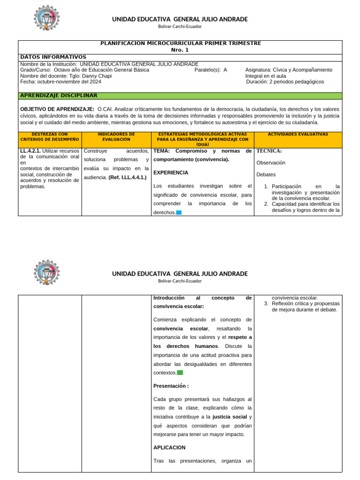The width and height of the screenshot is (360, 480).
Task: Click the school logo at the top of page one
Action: coord(47,20)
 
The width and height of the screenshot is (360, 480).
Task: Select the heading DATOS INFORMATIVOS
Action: coord(53,57)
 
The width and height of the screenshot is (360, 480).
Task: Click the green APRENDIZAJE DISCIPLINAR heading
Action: coord(59,96)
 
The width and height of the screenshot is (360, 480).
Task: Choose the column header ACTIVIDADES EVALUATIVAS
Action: coord(298,134)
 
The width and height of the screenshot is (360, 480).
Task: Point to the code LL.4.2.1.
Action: coord(30,151)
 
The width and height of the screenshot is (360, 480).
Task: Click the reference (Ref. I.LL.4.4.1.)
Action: coord(127,177)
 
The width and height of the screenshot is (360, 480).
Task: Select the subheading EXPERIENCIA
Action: coord(171,172)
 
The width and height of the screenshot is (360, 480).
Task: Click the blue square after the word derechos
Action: coord(179,213)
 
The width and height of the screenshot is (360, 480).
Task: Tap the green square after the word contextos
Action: coord(180,373)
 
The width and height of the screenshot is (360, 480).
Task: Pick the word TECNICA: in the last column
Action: coord(269,151)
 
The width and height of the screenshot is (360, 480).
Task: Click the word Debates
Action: coord(266,174)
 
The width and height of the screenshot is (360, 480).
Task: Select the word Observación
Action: coord(271,163)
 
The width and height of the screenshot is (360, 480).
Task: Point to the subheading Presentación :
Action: coord(171,386)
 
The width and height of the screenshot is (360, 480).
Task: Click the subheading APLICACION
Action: coord(169,448)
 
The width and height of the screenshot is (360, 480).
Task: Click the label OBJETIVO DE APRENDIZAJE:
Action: coord(57,109)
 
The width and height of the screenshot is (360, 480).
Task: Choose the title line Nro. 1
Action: coord(180,50)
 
